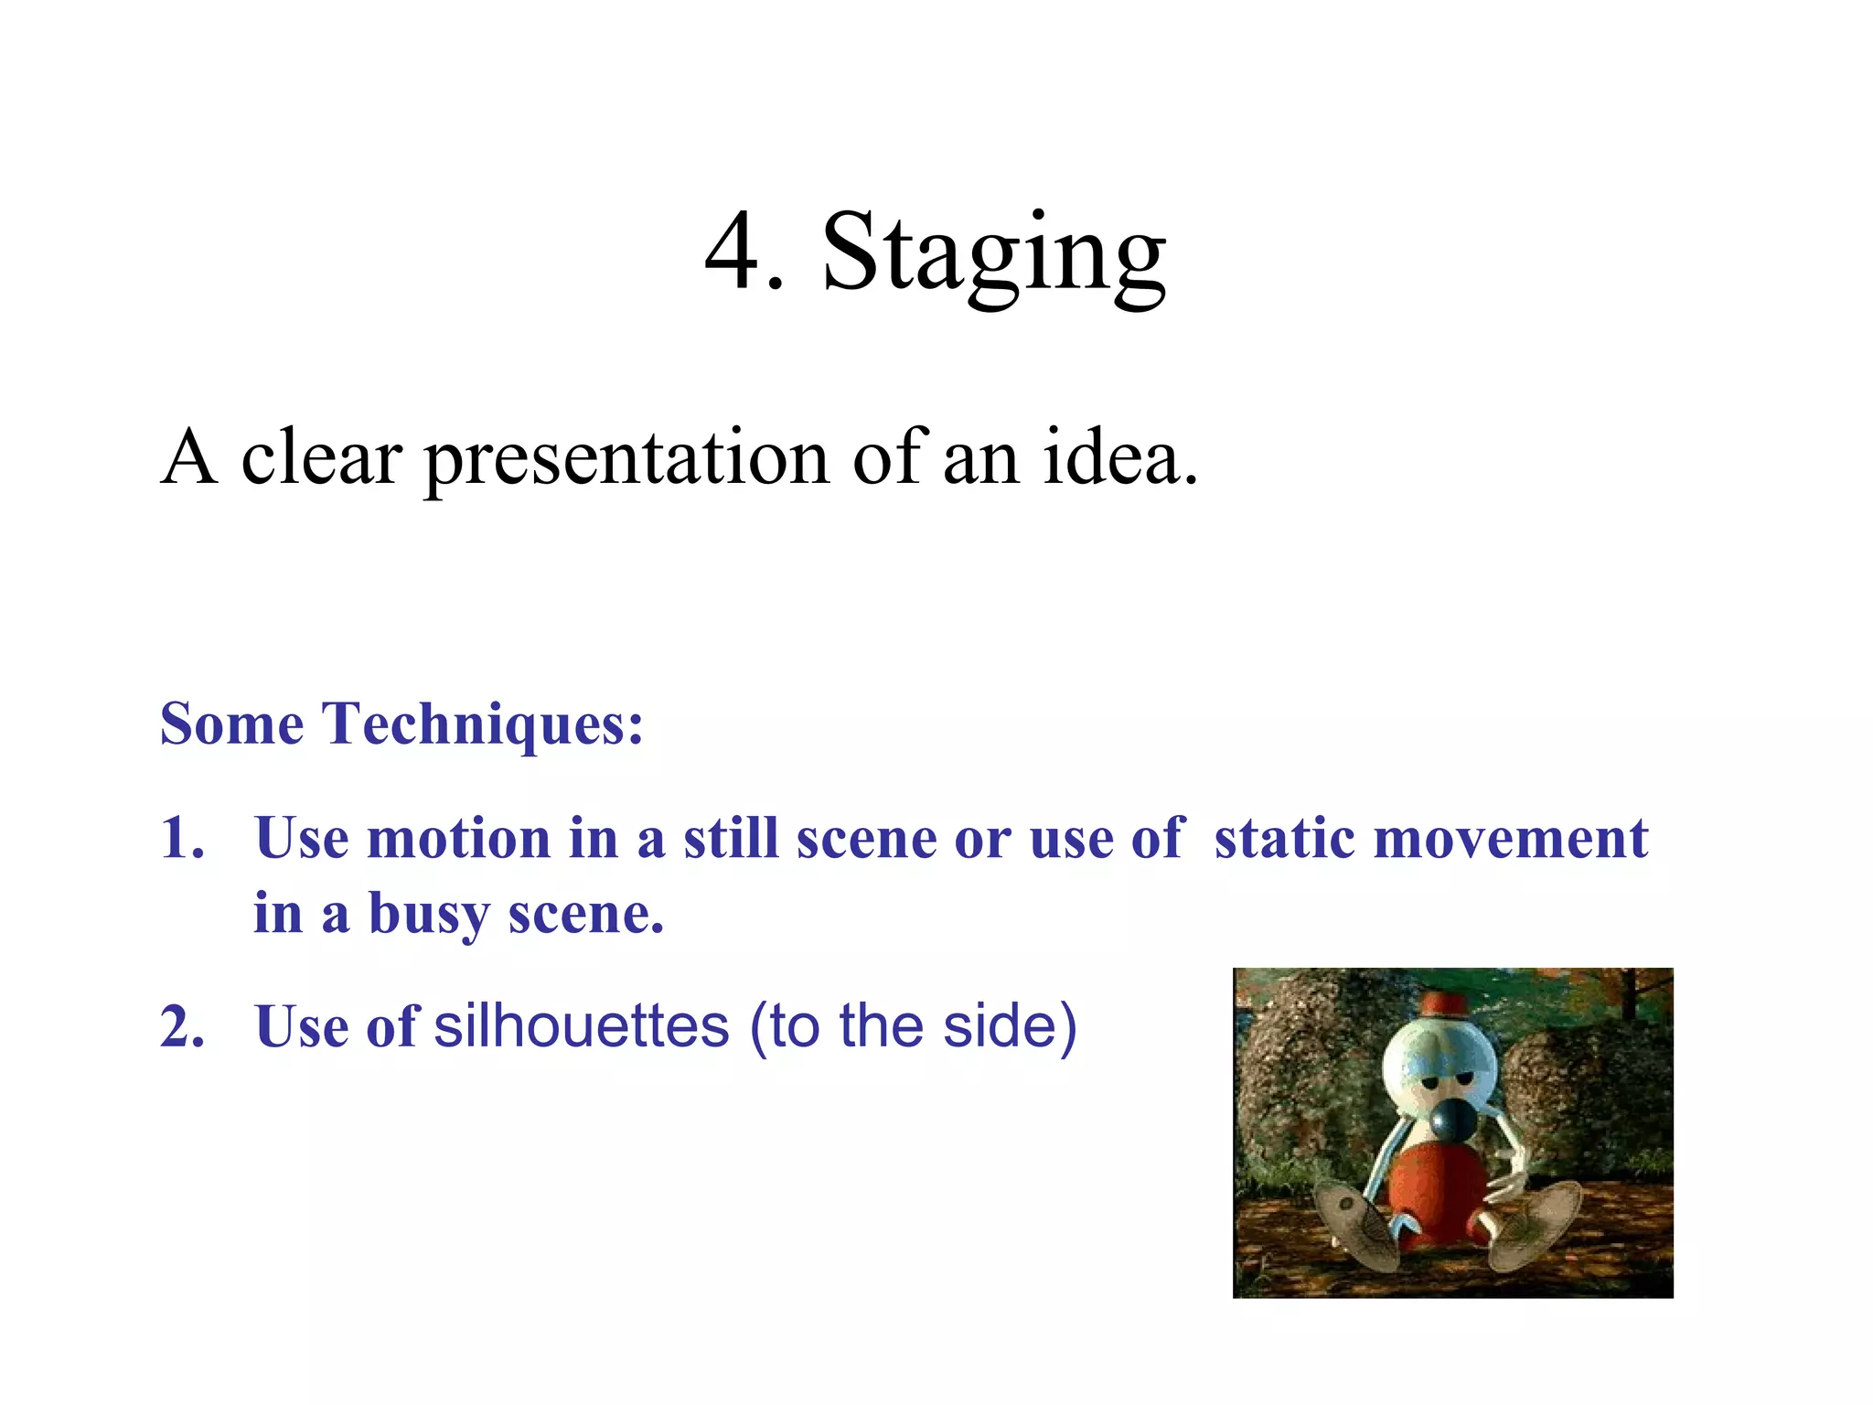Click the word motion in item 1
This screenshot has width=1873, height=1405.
(x=458, y=838)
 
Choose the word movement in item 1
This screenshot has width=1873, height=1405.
(x=1511, y=838)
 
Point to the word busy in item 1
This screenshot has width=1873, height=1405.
(x=428, y=915)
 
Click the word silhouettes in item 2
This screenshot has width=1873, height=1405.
(x=582, y=1025)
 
